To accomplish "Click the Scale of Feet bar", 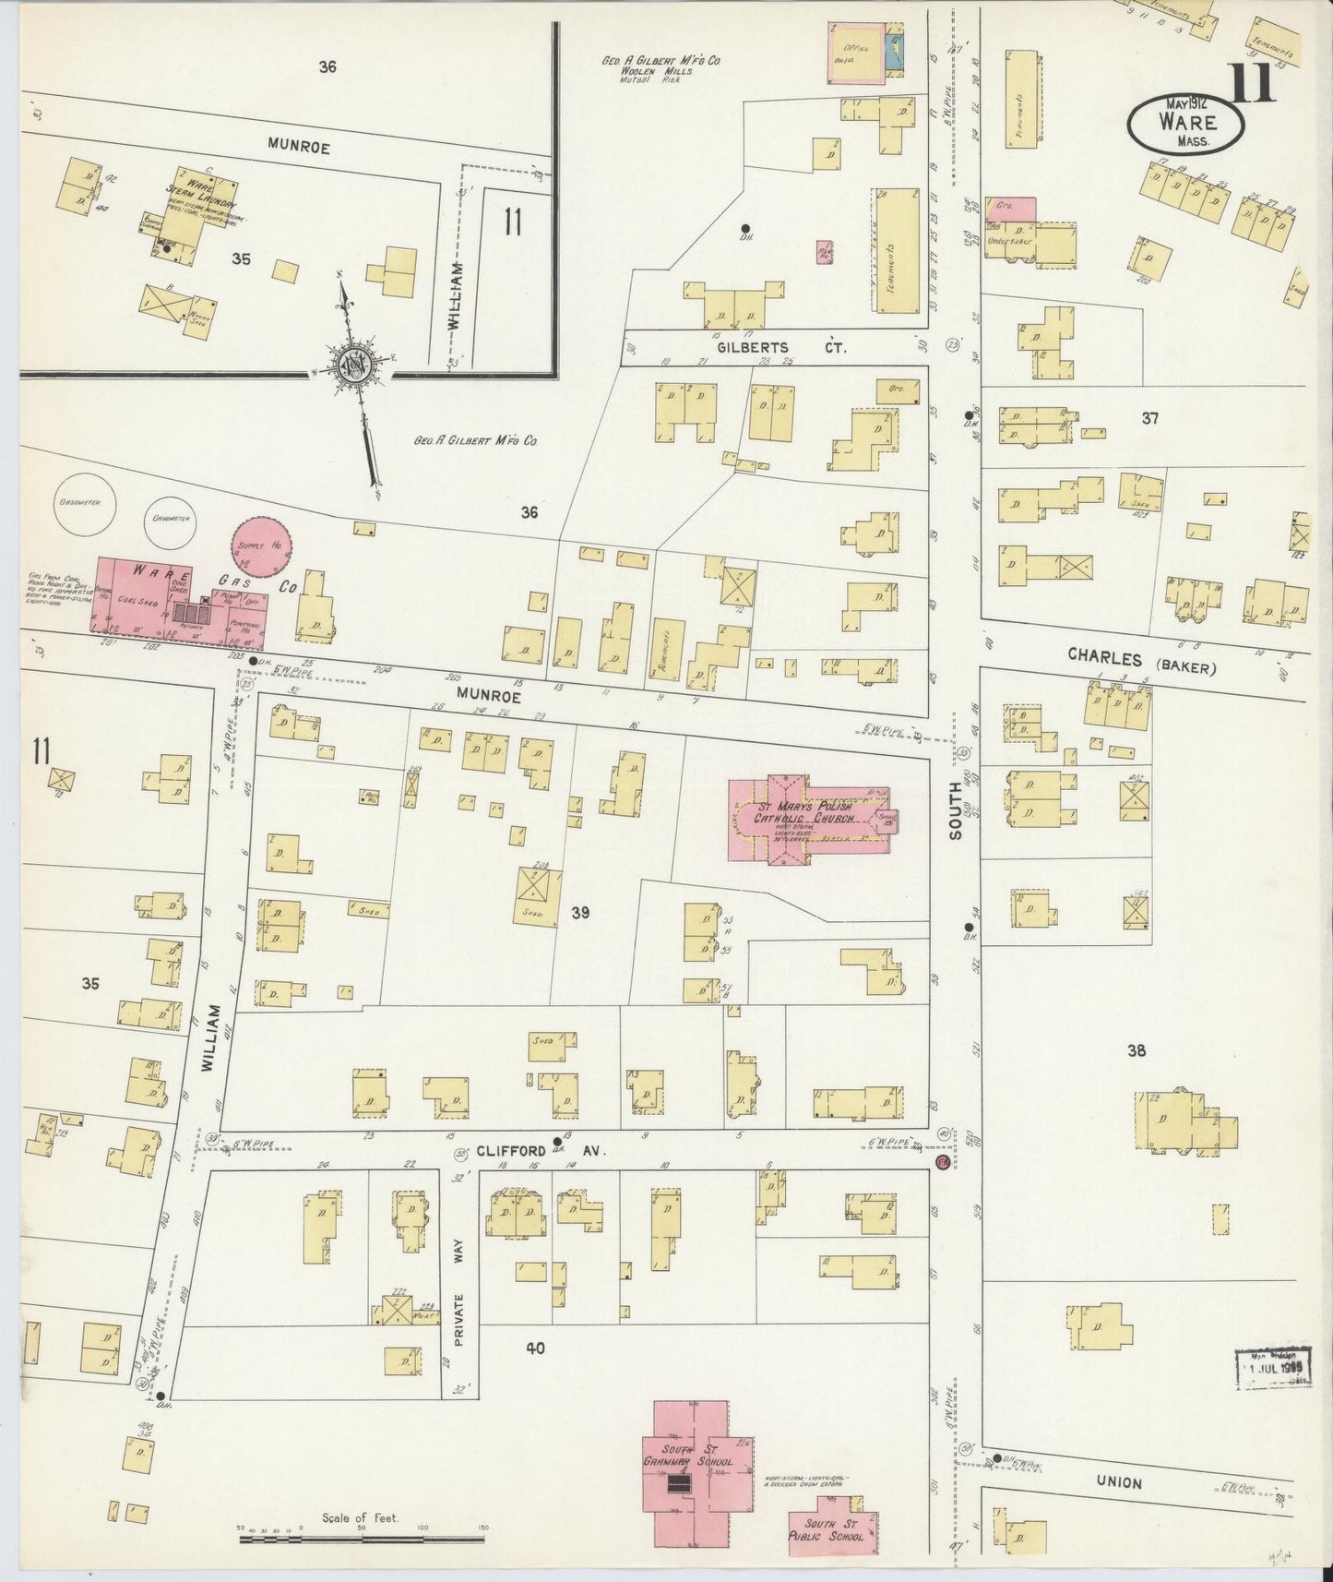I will (360, 1539).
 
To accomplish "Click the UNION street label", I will (1120, 1482).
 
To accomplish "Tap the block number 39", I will (579, 913).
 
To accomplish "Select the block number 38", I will (1136, 1049).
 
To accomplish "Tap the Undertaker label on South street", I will (1006, 240).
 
